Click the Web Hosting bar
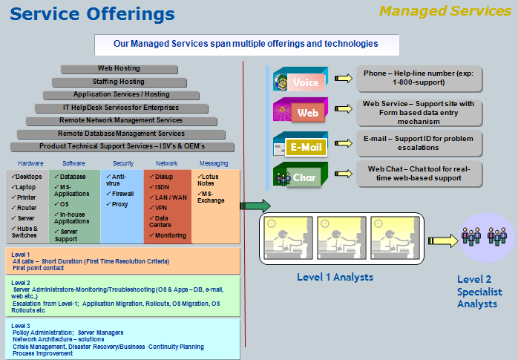(x=119, y=68)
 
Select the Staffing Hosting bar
(x=119, y=82)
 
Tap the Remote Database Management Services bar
(x=121, y=134)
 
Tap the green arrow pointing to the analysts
(x=255, y=206)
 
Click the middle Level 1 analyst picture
(x=341, y=238)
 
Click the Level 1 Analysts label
(x=335, y=278)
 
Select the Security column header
(x=122, y=163)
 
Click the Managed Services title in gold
(x=445, y=11)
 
